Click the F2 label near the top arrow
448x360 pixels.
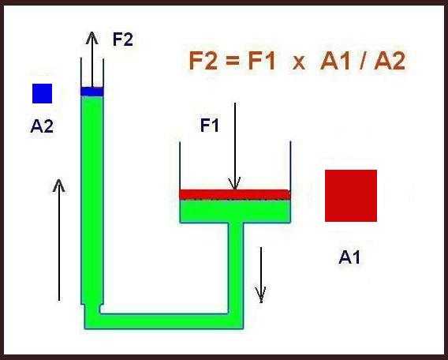coord(123,39)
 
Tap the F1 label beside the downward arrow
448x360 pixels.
coord(210,125)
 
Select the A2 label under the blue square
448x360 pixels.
coord(42,126)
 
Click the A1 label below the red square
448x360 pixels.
coord(349,257)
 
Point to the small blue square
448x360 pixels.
coord(43,93)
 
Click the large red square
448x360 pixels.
coord(351,196)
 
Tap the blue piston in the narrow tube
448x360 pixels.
coord(92,92)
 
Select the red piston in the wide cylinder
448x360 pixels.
coord(235,194)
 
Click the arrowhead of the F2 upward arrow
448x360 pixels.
coord(92,37)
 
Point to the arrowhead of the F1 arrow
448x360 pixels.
coord(234,185)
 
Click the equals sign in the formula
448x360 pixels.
coord(232,62)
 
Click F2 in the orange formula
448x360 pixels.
coord(203,62)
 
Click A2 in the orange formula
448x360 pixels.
coord(390,62)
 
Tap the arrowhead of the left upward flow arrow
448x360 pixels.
coord(59,185)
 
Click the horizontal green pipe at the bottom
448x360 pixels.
coord(164,321)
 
